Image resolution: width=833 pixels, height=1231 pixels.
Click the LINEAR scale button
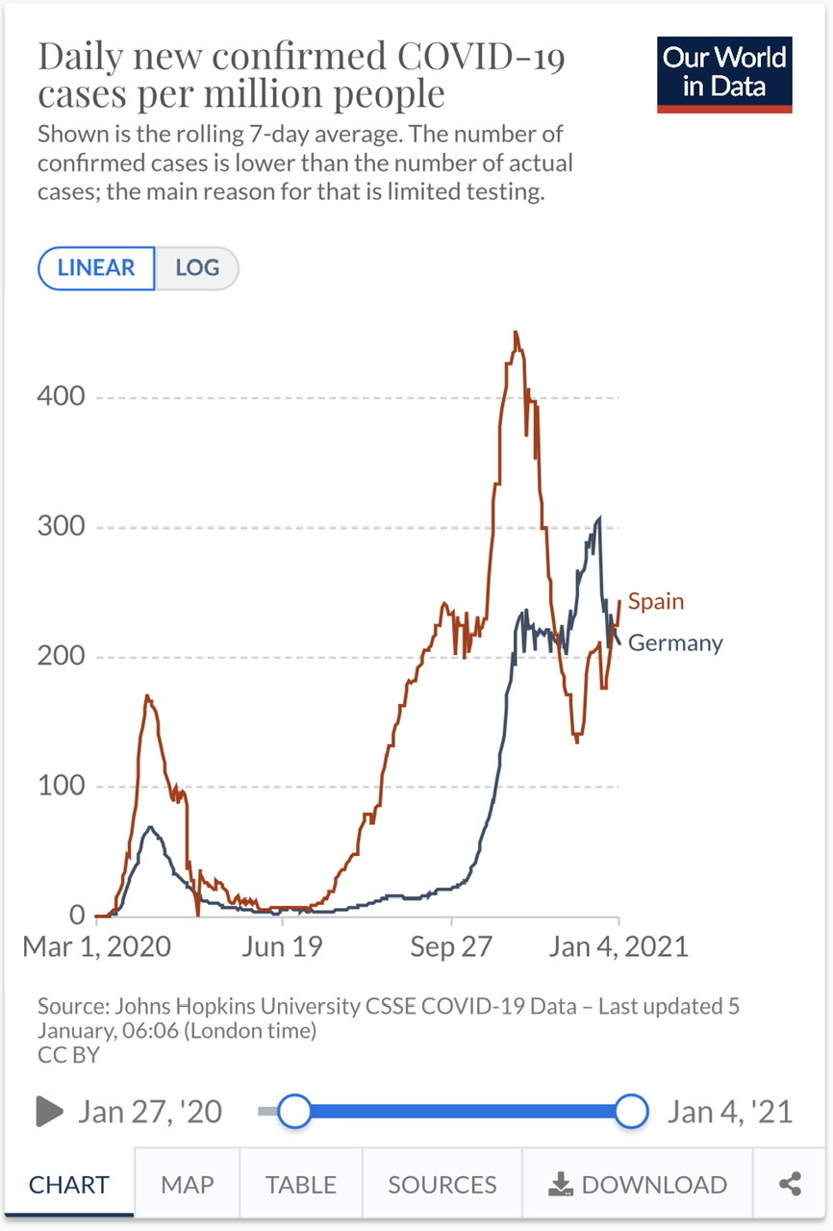[96, 268]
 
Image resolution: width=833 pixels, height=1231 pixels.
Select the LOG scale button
[197, 268]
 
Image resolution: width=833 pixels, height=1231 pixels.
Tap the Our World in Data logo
[724, 75]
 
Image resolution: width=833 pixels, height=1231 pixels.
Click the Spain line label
[656, 602]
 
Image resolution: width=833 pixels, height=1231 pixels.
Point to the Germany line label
[675, 643]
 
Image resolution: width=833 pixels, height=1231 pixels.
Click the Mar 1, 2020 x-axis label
[96, 946]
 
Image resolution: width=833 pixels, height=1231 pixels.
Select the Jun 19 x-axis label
[282, 946]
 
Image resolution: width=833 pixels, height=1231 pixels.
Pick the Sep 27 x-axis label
[451, 946]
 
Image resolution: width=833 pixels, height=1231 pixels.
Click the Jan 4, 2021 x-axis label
[618, 946]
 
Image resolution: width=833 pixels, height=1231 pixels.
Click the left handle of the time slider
[294, 1112]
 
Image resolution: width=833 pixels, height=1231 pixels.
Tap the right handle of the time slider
[631, 1112]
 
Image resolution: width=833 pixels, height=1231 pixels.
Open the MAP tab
[187, 1185]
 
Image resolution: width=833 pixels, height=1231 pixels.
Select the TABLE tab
[301, 1185]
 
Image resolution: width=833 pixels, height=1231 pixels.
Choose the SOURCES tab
[442, 1185]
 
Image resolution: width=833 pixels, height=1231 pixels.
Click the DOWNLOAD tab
[638, 1185]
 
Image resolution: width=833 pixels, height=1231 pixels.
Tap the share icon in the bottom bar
[791, 1185]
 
